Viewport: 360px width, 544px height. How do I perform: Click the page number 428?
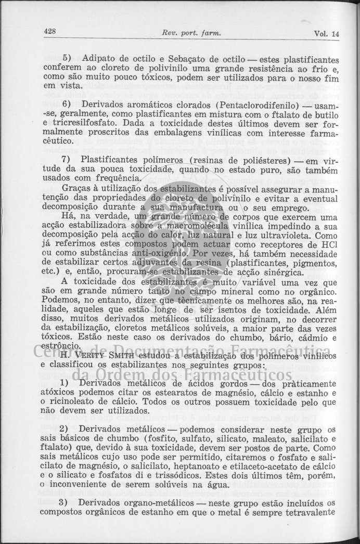tap(50, 31)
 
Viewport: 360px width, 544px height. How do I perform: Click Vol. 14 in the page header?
tap(326, 33)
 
